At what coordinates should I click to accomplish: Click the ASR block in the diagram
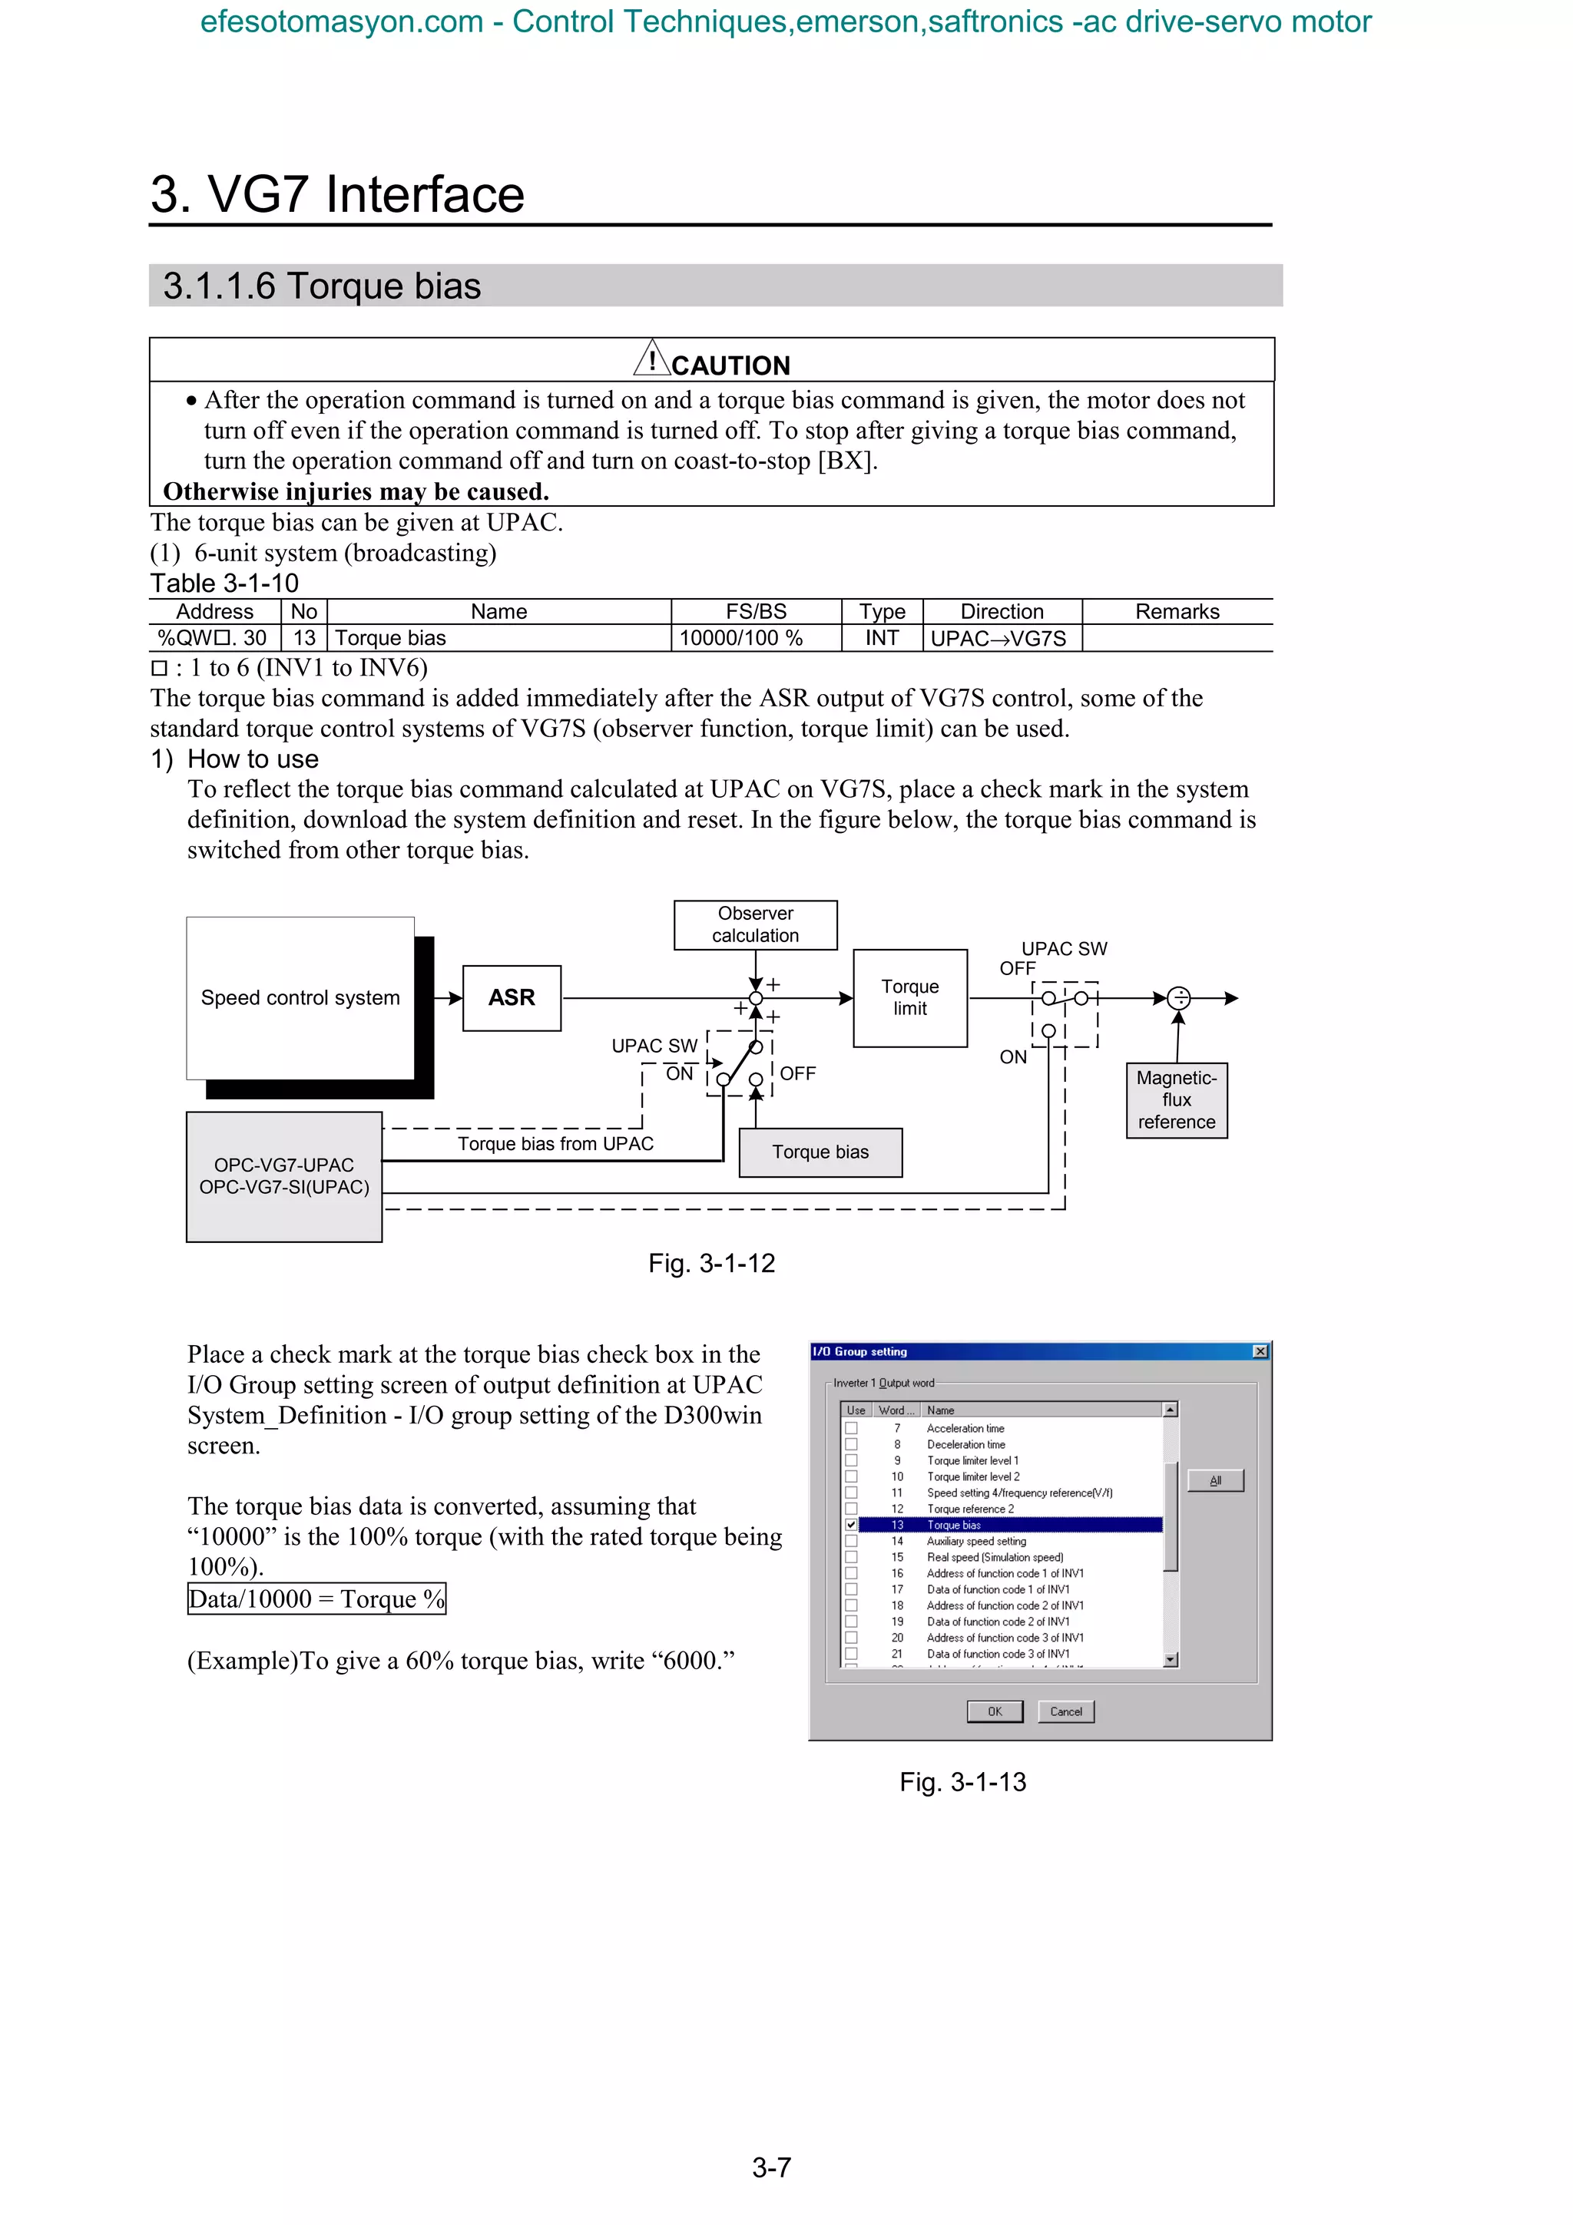click(x=512, y=997)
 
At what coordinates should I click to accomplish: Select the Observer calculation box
click(x=755, y=924)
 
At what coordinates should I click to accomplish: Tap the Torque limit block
click(x=909, y=997)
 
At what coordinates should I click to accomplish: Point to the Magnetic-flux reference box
click(x=1176, y=1100)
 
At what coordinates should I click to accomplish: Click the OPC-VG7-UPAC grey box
click(x=284, y=1175)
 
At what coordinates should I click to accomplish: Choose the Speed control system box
click(x=300, y=997)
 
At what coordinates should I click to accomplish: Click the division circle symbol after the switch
click(x=1178, y=997)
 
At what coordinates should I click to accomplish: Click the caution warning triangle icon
click(x=651, y=359)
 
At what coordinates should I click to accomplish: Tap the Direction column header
click(x=1002, y=611)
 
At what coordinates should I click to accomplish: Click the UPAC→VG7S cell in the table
click(x=998, y=638)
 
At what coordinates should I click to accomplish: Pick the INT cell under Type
click(x=882, y=638)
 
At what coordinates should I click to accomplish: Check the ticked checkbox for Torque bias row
click(x=851, y=1524)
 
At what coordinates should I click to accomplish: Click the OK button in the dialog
click(x=995, y=1711)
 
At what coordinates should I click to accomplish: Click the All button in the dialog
click(x=1214, y=1479)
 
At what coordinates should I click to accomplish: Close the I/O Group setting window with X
click(x=1260, y=1351)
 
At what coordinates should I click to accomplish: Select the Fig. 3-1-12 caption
click(x=711, y=1263)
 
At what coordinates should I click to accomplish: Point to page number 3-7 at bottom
click(x=771, y=2167)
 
